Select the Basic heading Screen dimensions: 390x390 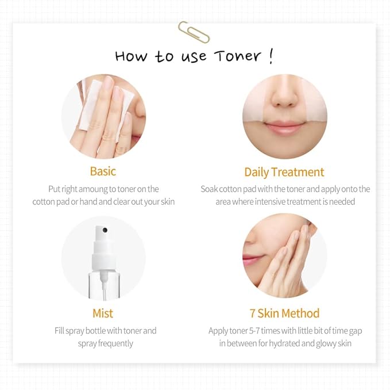pos(103,171)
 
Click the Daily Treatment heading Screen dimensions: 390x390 pos(284,172)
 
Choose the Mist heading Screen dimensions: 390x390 pos(103,313)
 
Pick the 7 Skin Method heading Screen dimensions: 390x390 pos(284,313)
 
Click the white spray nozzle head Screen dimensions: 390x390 pos(102,235)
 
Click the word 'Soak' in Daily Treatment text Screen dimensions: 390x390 pos(210,189)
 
